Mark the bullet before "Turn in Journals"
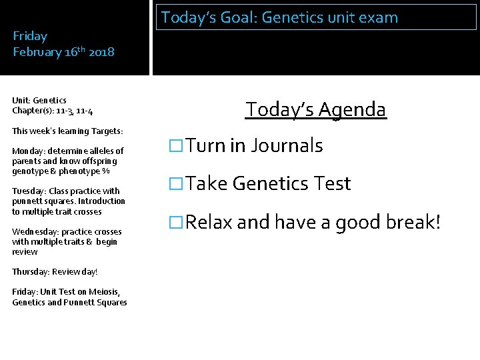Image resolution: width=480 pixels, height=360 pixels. point(175,146)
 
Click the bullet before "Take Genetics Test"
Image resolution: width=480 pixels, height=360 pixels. point(175,184)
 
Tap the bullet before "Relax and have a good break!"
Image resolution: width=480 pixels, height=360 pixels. point(175,222)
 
